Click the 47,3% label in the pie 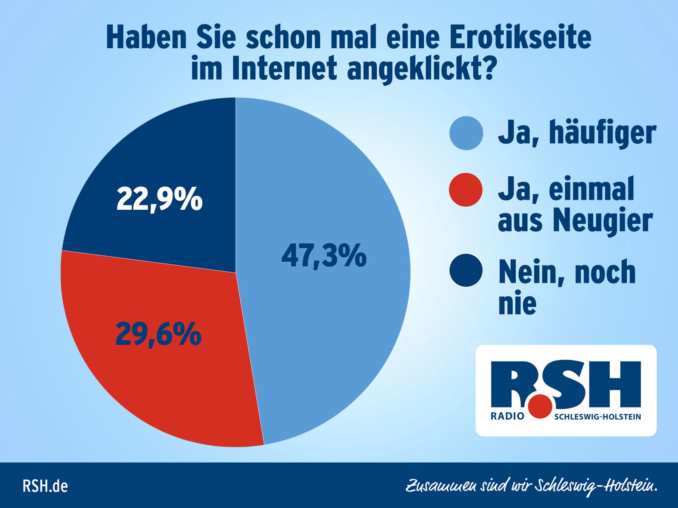point(324,256)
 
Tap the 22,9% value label point(159,199)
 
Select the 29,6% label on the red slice point(158,334)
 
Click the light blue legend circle point(466,133)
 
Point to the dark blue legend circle point(466,270)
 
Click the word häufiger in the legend point(603,133)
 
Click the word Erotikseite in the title point(520,38)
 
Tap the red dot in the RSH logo point(540,406)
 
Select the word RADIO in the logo point(507,416)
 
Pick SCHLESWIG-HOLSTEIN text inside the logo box point(597,417)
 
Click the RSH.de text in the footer point(45,486)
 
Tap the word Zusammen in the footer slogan point(440,486)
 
